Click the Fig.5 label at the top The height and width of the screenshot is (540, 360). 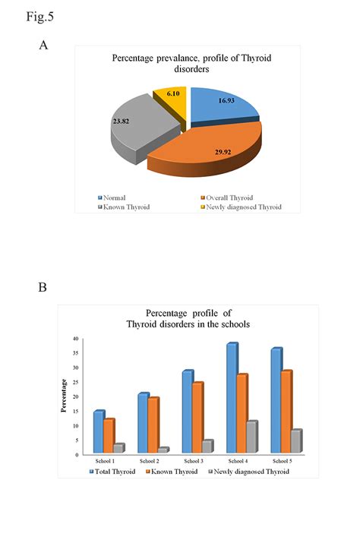click(19, 14)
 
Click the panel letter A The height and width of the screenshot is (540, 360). click(43, 46)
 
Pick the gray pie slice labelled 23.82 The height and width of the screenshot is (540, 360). click(141, 122)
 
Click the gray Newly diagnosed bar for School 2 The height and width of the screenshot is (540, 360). click(163, 450)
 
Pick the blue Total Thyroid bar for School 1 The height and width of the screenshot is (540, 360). click(99, 432)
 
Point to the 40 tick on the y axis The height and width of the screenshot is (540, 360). click(76, 339)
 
